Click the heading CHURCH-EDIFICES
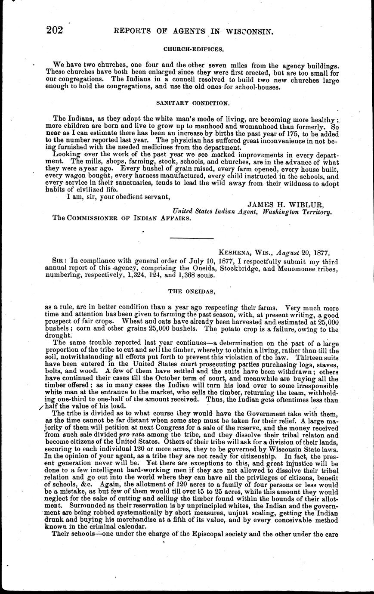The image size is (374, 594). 192,50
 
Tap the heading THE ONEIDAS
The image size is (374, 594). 192,291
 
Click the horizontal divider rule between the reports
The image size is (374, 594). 192,238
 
